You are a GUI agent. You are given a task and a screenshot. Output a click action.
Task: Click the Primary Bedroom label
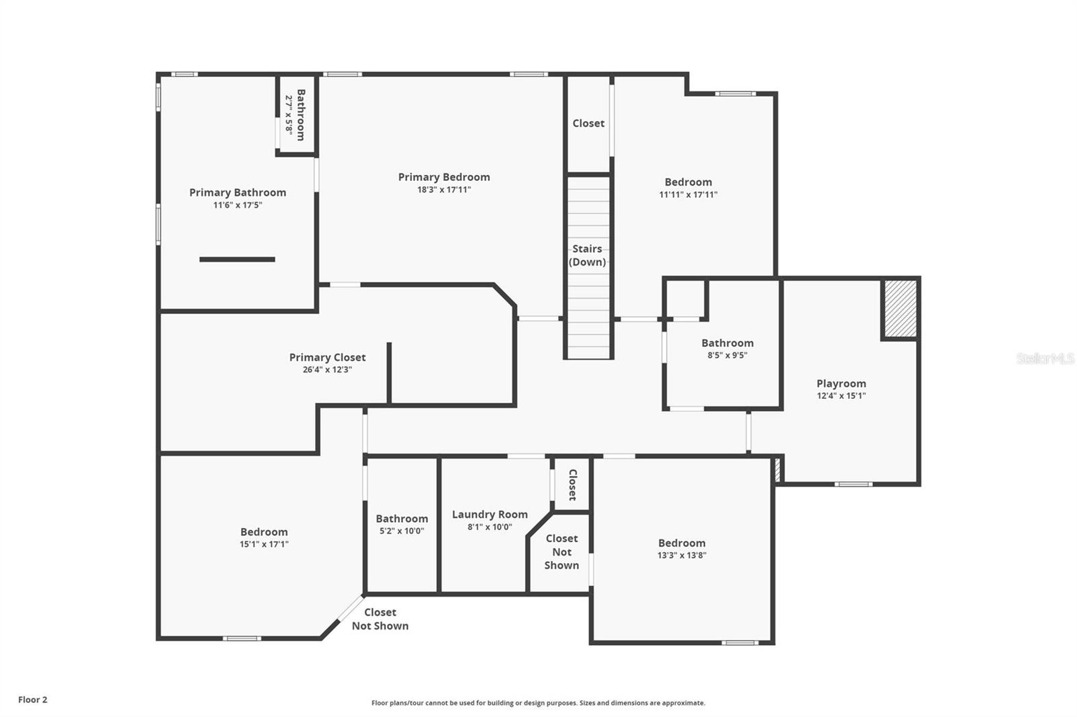click(444, 177)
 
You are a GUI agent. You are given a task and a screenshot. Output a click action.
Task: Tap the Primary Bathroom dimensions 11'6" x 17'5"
click(238, 205)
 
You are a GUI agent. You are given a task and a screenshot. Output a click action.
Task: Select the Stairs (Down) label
click(587, 256)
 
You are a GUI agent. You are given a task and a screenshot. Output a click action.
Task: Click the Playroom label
click(841, 383)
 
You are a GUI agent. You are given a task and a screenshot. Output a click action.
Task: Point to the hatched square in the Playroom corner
click(900, 309)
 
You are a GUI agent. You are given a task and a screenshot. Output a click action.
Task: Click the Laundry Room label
click(489, 515)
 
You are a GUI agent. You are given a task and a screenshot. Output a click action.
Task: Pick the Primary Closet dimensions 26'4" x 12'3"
click(327, 369)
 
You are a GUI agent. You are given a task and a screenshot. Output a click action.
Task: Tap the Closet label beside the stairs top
click(588, 123)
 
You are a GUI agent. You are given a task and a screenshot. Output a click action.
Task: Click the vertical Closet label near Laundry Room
click(572, 484)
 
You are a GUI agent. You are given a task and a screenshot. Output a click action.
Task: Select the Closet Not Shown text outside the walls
click(380, 619)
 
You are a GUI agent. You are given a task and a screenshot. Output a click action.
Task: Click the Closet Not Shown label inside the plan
click(561, 552)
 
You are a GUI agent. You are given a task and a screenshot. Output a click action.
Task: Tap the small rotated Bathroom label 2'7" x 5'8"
click(296, 114)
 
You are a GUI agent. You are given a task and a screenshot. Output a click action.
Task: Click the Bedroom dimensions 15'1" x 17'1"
click(264, 544)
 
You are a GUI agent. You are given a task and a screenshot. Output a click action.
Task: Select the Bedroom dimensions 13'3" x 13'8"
click(682, 555)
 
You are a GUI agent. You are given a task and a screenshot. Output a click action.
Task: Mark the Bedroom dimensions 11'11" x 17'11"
click(688, 194)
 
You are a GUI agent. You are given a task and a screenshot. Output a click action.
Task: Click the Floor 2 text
click(32, 700)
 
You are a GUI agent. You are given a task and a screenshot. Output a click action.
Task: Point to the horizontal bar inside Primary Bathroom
click(237, 259)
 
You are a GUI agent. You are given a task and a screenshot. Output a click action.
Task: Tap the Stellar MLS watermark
click(1045, 358)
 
